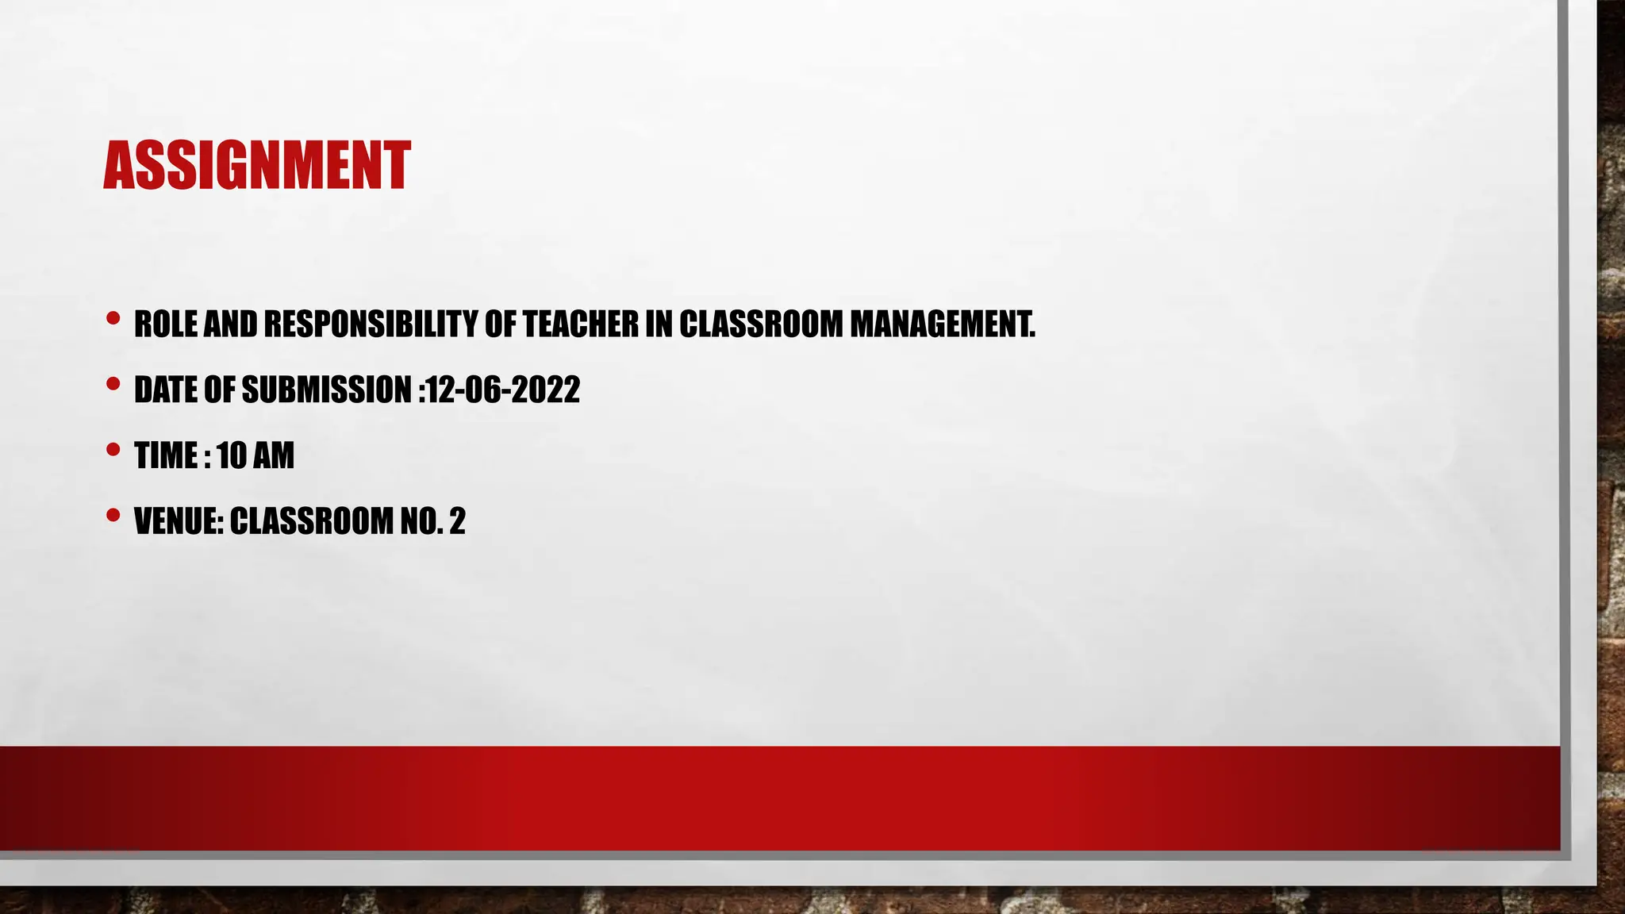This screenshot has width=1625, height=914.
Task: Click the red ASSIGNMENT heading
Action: [x=256, y=166]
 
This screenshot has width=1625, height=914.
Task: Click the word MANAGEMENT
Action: [x=942, y=324]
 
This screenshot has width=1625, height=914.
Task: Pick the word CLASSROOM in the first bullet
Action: [x=761, y=324]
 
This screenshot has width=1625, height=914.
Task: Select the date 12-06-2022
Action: [x=503, y=390]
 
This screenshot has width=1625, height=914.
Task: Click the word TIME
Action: [x=166, y=455]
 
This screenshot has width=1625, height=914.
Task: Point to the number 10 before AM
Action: [x=232, y=455]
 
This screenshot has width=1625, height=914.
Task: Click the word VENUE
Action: [x=178, y=521]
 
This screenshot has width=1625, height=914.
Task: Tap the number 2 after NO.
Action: [x=457, y=521]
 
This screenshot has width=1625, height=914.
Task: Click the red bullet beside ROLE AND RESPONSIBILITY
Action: [x=113, y=319]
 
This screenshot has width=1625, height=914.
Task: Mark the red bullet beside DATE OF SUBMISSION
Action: [x=113, y=385]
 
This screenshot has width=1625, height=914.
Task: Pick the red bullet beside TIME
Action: [x=113, y=451]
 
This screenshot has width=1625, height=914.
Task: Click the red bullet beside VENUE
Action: [x=113, y=517]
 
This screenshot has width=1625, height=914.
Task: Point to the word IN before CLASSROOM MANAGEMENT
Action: [x=659, y=324]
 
